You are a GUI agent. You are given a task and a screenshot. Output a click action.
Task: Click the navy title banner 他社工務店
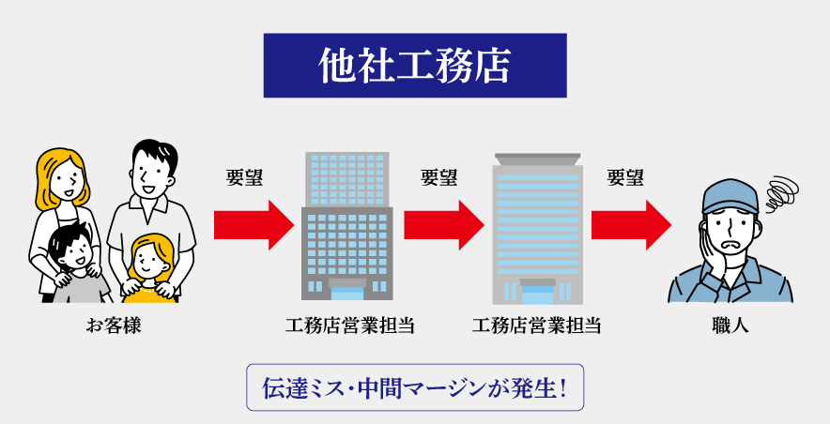(x=415, y=66)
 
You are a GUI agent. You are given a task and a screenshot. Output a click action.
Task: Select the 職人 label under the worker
(x=730, y=326)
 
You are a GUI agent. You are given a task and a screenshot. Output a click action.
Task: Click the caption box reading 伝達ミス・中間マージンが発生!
(x=415, y=387)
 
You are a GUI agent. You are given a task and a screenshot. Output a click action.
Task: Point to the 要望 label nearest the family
(x=245, y=177)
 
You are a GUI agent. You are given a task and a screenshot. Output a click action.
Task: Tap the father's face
(x=151, y=174)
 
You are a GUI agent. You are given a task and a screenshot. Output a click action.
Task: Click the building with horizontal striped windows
(x=537, y=230)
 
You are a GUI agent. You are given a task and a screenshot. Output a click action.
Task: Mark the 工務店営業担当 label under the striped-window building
(x=537, y=326)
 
